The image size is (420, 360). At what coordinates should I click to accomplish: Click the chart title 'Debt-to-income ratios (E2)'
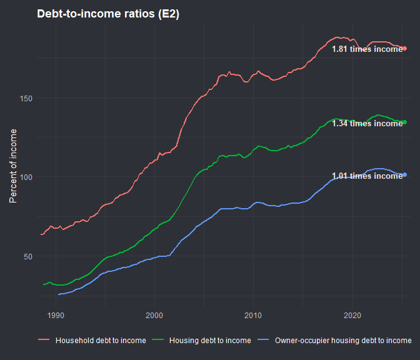[x=108, y=14]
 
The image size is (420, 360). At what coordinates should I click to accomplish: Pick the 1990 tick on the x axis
[x=56, y=316]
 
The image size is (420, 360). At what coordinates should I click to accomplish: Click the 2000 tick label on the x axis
[x=154, y=316]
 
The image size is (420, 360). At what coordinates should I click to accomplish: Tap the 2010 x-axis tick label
[x=253, y=316]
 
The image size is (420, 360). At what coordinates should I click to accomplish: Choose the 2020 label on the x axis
[x=352, y=316]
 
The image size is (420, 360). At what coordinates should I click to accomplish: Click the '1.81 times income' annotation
[x=367, y=49]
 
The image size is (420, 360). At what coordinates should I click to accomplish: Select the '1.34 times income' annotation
[x=367, y=124]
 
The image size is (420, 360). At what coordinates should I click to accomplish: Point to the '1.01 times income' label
[x=367, y=176]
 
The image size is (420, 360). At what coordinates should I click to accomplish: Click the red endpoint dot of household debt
[x=405, y=48]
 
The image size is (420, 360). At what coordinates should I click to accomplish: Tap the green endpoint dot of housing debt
[x=405, y=122]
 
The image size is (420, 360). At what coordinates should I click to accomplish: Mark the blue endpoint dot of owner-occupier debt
[x=405, y=174]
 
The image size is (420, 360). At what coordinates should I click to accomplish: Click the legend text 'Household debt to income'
[x=101, y=341]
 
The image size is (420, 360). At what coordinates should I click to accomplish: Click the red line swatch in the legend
[x=44, y=341]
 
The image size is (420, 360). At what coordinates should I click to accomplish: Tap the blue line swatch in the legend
[x=264, y=341]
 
